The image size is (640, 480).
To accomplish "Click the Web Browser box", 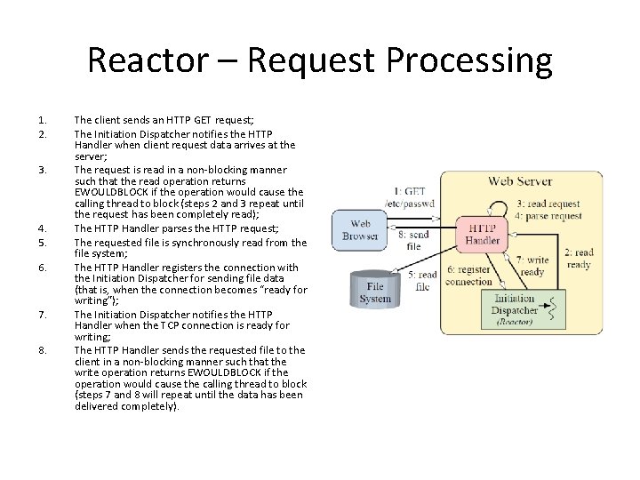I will pyautogui.click(x=360, y=229).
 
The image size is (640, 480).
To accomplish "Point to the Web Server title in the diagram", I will pyautogui.click(x=520, y=181).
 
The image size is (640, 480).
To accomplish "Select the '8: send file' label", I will pyautogui.click(x=414, y=240).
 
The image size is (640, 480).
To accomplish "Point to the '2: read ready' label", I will pyautogui.click(x=579, y=258).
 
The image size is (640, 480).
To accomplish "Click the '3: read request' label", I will pyautogui.click(x=548, y=204).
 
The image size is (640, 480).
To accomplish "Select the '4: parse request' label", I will pyautogui.click(x=549, y=216).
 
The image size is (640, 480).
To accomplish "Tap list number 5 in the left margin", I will pyautogui.click(x=43, y=242).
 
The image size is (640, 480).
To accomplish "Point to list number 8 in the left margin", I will pyautogui.click(x=43, y=350).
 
